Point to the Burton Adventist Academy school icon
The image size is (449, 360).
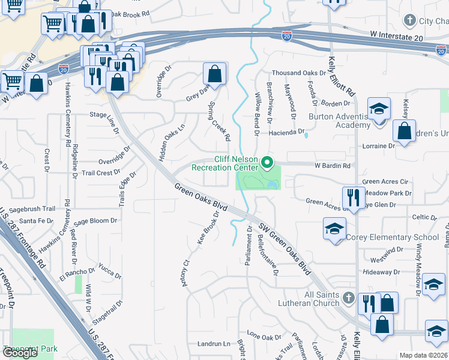point(379,109)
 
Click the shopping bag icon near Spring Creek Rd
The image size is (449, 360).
point(214,74)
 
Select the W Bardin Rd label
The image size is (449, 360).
point(332,166)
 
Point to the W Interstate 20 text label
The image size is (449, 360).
point(397,37)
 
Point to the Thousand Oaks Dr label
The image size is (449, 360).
point(298,73)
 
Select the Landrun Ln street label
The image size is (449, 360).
point(214,344)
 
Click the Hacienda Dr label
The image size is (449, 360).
point(286,131)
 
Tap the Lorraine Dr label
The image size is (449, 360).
point(379,146)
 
